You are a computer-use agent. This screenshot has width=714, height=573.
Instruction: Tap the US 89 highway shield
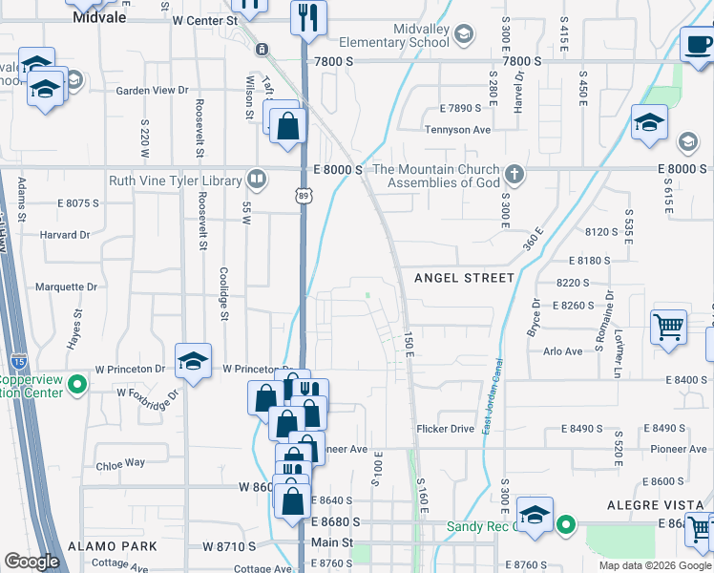click(303, 195)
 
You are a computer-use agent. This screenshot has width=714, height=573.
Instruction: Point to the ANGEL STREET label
click(464, 278)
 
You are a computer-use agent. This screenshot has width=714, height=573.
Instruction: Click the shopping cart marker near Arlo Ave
click(668, 326)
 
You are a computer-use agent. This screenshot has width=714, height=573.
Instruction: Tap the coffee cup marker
click(697, 43)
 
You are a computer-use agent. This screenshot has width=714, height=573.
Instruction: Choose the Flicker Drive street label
click(445, 429)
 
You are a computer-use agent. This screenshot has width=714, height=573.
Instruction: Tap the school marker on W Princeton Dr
click(193, 361)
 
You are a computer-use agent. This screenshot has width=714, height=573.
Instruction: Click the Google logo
click(31, 562)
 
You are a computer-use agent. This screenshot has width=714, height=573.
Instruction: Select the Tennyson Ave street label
click(457, 130)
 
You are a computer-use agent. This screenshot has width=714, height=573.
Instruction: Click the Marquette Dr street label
click(66, 286)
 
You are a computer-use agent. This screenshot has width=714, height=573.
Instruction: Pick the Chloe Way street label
click(120, 463)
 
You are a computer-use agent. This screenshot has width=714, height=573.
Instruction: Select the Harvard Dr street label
click(65, 234)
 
